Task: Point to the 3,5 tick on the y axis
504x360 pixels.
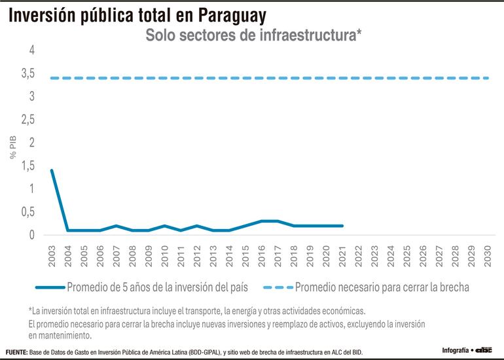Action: pyautogui.click(x=28, y=73)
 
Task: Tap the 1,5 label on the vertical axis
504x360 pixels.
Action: pyautogui.click(x=28, y=166)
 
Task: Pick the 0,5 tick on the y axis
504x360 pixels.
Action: pyautogui.click(x=28, y=211)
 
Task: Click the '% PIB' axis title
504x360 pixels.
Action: pyautogui.click(x=12, y=147)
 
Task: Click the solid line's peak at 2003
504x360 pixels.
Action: pyautogui.click(x=52, y=170)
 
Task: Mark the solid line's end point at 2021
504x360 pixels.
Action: pyautogui.click(x=342, y=226)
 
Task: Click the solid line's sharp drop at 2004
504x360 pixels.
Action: pyautogui.click(x=68, y=230)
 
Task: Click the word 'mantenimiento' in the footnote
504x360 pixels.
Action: pyautogui.click(x=63, y=335)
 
